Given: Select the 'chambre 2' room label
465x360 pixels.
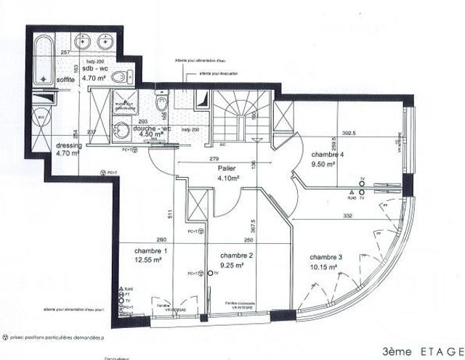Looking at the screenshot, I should point(236,256).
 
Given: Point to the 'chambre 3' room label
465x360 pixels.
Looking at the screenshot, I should point(327,258).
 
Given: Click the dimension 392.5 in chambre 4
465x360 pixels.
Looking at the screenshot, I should point(373,133).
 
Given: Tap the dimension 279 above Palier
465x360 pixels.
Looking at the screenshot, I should point(214,158).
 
